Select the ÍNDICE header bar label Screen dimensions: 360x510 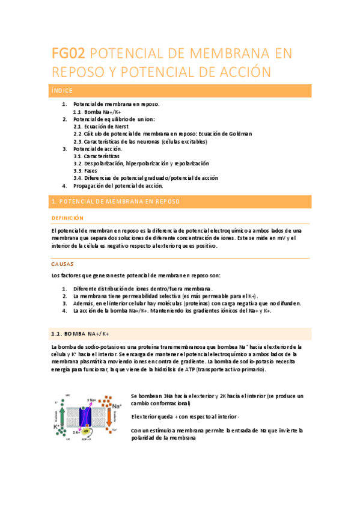pyautogui.click(x=62, y=91)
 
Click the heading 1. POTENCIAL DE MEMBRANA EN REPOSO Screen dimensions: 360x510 pyautogui.click(x=115, y=201)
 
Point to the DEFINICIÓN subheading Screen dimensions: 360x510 pyautogui.click(x=67, y=218)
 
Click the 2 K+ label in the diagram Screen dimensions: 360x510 pyautogui.click(x=77, y=432)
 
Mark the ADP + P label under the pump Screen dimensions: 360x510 pyautogui.click(x=87, y=440)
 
